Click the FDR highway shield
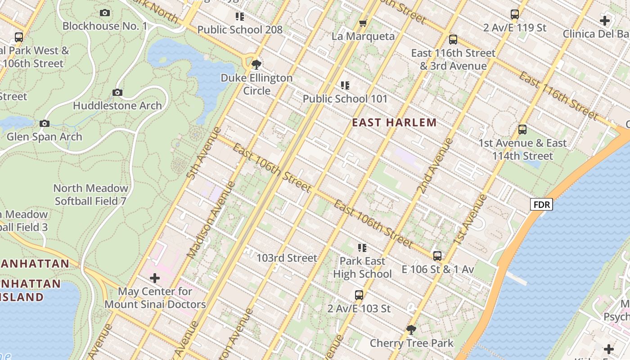[541, 205]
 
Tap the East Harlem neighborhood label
[394, 122]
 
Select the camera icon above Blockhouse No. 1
[105, 13]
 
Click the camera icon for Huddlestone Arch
[117, 93]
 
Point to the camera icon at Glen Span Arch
[44, 123]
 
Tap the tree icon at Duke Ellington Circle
[256, 64]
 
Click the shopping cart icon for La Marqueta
[363, 23]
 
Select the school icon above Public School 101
[345, 85]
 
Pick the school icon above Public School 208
[240, 17]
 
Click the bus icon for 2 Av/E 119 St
[515, 14]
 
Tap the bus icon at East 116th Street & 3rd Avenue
[453, 40]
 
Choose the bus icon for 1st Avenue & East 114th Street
[522, 130]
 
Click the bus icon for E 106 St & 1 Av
[437, 256]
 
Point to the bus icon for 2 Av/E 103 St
[359, 295]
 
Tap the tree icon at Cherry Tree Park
[411, 330]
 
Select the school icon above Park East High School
[362, 247]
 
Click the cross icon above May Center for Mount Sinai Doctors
[155, 278]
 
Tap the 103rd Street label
[287, 258]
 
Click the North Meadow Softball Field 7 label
[91, 194]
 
